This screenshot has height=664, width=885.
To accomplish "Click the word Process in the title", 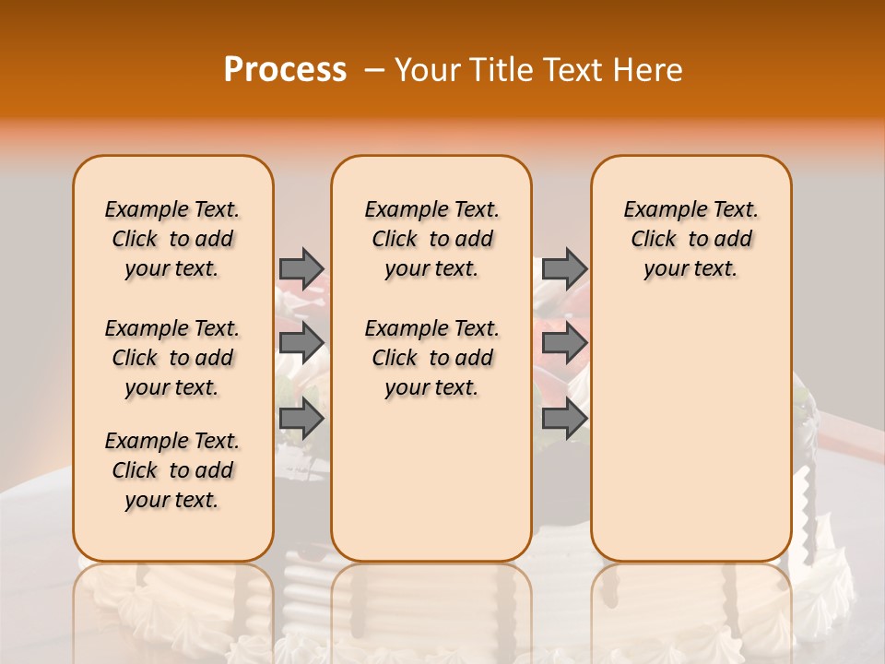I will [285, 70].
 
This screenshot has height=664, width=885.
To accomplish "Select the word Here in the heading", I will [649, 70].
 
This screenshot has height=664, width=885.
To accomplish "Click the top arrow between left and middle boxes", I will [301, 268].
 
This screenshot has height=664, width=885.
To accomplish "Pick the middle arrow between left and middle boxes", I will [301, 343].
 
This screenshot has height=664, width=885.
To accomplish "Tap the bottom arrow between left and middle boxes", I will [301, 419].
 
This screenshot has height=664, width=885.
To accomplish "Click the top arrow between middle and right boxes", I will [564, 268].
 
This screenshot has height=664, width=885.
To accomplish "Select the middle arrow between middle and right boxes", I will [564, 343].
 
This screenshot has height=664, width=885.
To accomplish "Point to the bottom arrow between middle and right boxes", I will [564, 419].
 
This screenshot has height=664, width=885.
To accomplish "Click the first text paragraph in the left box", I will [172, 239].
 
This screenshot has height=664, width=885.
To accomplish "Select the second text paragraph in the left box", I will [172, 358].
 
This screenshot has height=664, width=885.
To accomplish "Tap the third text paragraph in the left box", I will [172, 470].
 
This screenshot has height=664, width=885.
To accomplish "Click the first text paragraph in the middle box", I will [431, 239].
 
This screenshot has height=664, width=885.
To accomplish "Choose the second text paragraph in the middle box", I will [431, 358].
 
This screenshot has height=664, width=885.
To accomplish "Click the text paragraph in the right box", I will [690, 239].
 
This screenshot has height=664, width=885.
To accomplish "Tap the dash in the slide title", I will [374, 70].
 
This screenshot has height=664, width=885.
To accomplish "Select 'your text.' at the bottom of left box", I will [172, 500].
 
